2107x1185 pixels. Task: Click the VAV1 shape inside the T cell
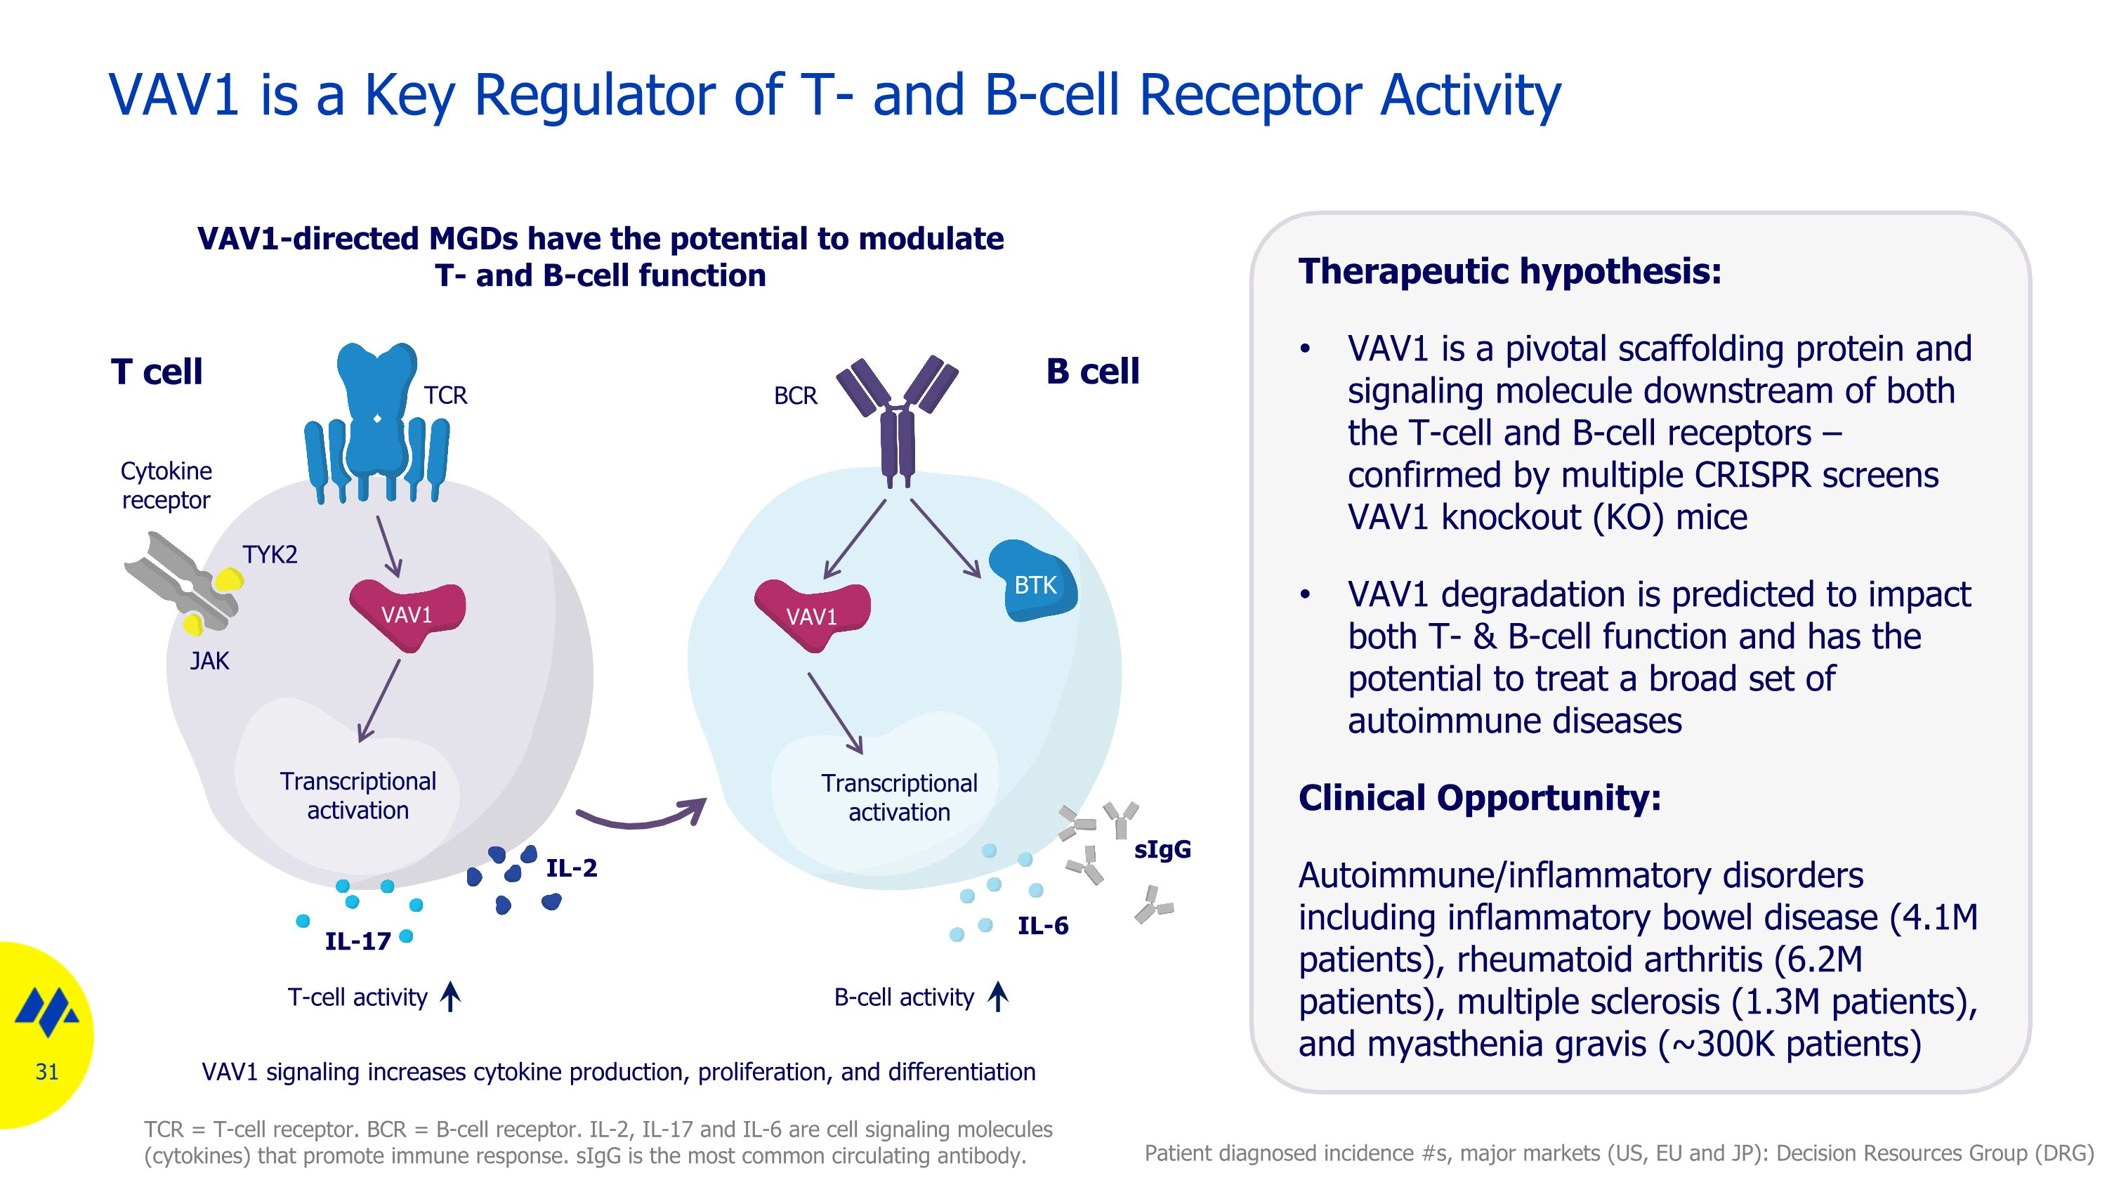[x=407, y=613]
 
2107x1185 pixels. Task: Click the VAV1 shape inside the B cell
[x=811, y=615]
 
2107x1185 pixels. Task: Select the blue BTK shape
[x=1034, y=582]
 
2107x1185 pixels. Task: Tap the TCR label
[x=445, y=395]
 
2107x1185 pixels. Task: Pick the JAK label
[x=209, y=661]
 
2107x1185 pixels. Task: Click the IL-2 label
[x=572, y=868]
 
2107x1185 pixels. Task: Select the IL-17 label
[x=357, y=942]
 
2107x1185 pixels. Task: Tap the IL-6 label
[x=1043, y=927]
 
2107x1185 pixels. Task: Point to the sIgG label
[x=1162, y=851]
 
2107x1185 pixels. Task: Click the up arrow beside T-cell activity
[x=451, y=997]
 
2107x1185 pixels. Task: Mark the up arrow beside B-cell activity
[x=997, y=997]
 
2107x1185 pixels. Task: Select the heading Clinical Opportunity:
[x=1480, y=798]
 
